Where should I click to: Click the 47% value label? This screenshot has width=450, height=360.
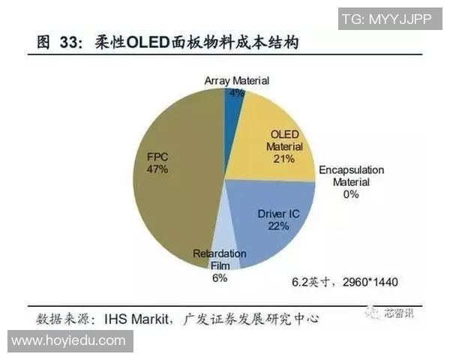tap(157, 170)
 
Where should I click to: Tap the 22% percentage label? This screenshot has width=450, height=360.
tap(279, 226)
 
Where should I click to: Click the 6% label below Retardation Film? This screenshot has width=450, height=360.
tap(219, 278)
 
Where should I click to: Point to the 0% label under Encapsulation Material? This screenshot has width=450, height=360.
tap(351, 194)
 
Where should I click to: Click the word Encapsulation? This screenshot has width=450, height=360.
tap(352, 170)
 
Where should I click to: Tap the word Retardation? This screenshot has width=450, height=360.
tap(220, 253)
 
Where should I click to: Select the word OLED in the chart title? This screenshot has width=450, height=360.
tap(148, 44)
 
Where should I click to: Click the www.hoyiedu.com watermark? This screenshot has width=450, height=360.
tap(68, 340)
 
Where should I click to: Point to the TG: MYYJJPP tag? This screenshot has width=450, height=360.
tap(386, 19)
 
